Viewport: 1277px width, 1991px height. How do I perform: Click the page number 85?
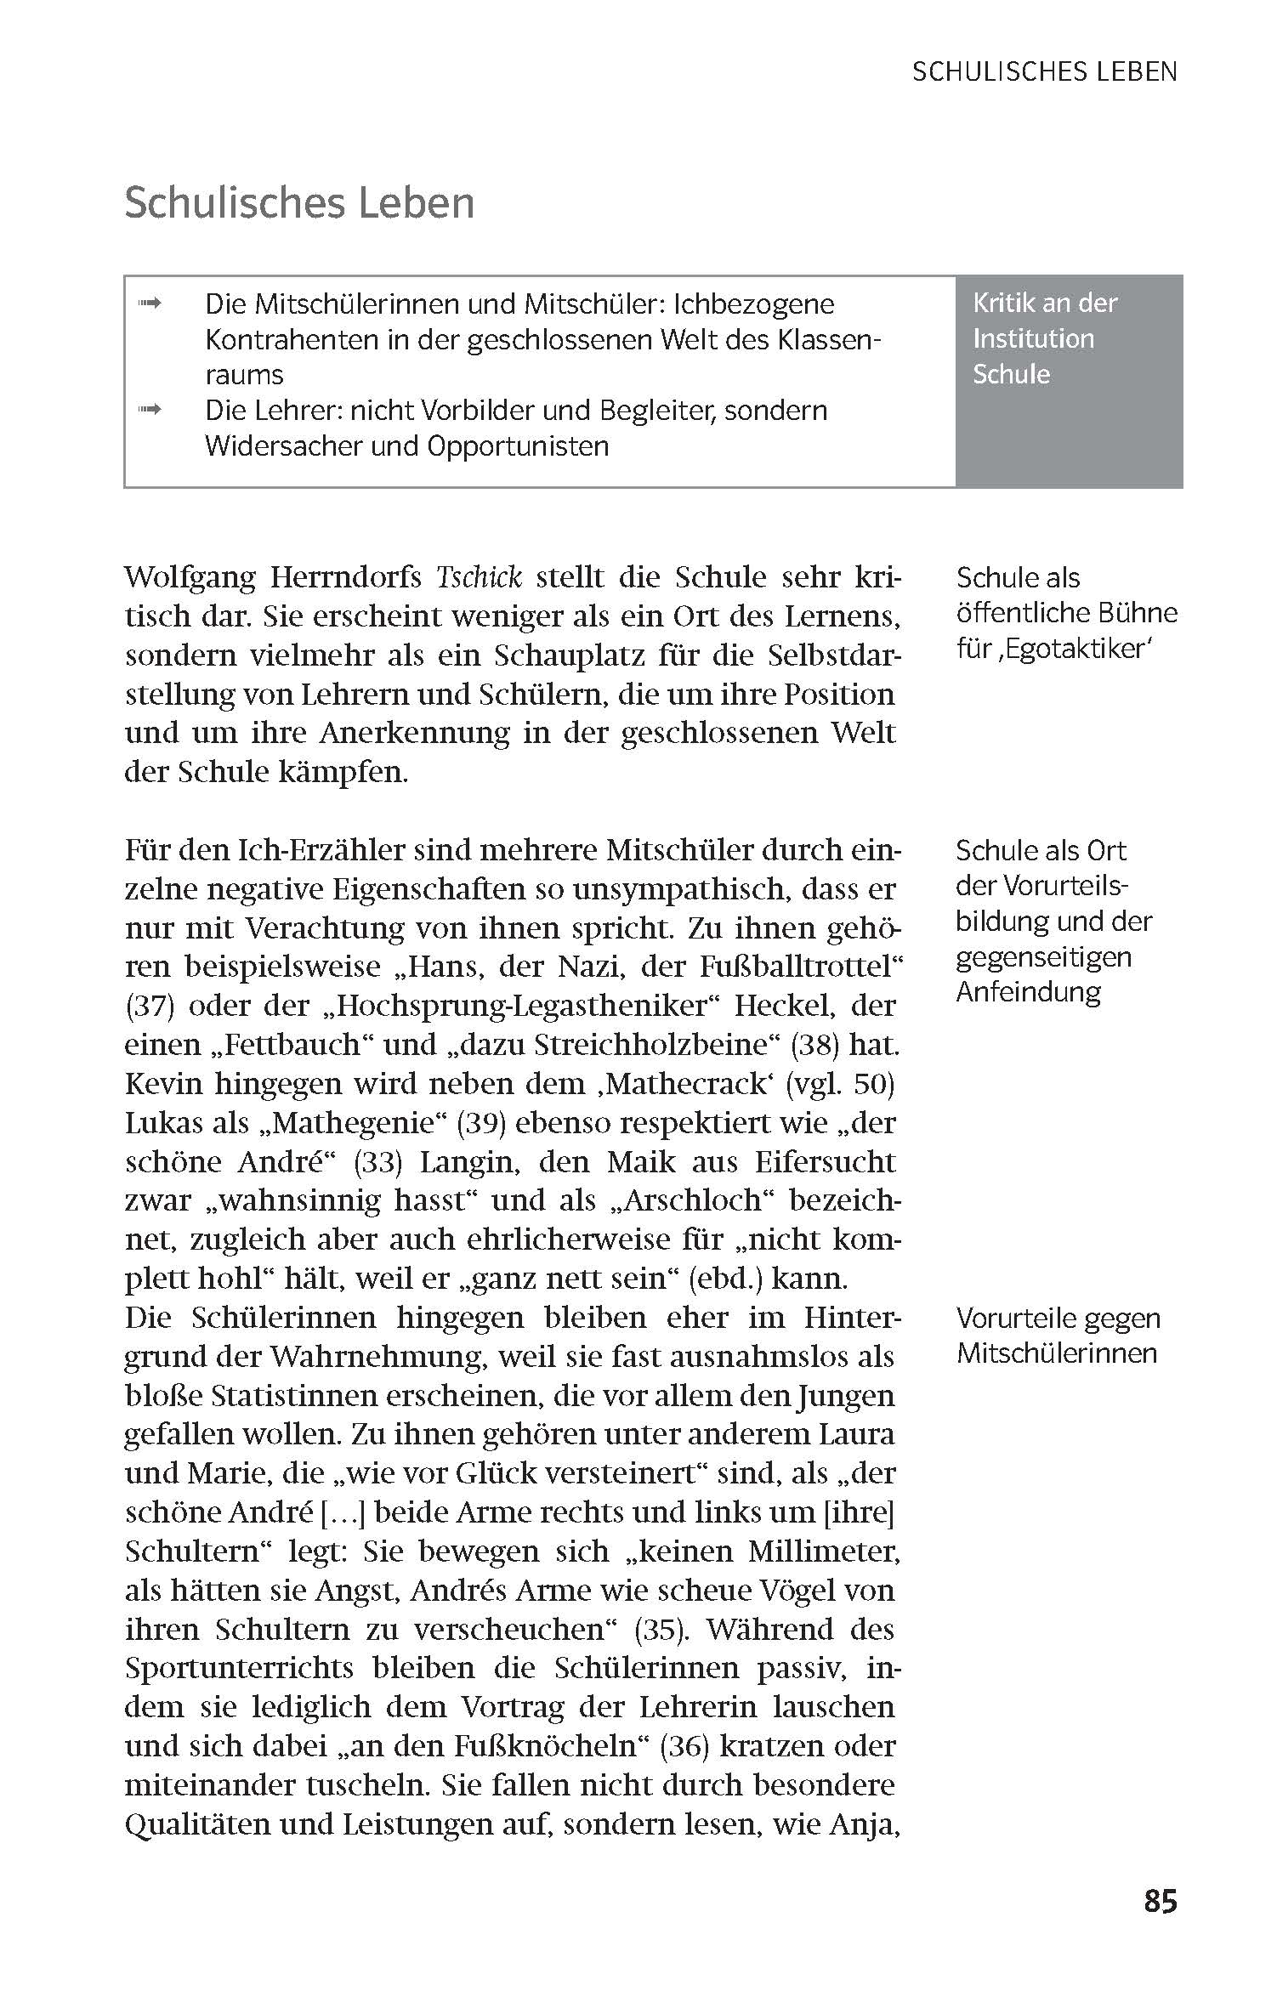(1160, 1900)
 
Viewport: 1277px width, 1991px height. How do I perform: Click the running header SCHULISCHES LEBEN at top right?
(1044, 72)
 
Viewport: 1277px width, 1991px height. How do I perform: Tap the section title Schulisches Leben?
(299, 203)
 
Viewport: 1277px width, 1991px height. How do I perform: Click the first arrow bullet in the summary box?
(150, 303)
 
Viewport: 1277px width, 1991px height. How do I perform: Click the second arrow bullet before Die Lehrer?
(150, 411)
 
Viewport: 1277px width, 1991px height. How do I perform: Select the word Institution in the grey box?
(1033, 338)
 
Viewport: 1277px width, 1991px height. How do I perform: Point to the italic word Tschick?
(479, 577)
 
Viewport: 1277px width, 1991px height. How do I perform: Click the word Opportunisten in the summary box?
(518, 446)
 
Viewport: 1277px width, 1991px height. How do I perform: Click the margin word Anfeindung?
(1028, 992)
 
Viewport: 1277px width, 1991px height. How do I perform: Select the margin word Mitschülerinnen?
(1057, 1353)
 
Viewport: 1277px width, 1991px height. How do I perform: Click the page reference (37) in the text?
(150, 1007)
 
